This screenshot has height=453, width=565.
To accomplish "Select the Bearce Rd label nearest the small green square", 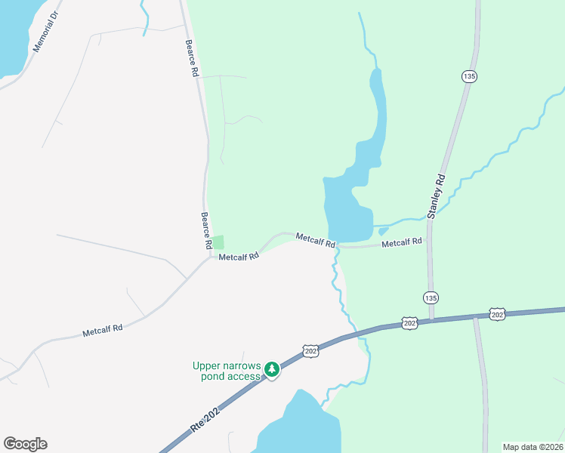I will point(205,230).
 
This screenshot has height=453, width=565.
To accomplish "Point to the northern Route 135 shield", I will point(469,76).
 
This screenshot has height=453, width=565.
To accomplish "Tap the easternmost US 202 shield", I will point(496,314).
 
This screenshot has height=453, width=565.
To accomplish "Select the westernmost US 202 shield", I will point(310,351).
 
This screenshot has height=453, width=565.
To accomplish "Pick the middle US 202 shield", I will point(409,322).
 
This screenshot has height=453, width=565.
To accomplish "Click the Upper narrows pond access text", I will point(226,371).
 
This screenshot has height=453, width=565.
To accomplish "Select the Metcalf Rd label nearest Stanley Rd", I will point(401,243).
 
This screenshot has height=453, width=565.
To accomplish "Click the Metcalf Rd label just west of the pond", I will point(315,240).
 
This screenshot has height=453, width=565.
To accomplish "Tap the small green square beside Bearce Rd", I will point(218,242).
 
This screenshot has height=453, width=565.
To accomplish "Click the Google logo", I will point(25,444).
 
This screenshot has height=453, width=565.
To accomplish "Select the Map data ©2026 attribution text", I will point(533,447).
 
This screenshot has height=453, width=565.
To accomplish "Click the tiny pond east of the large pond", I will point(383,231).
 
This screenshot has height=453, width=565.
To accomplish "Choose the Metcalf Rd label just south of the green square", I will point(239,257).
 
